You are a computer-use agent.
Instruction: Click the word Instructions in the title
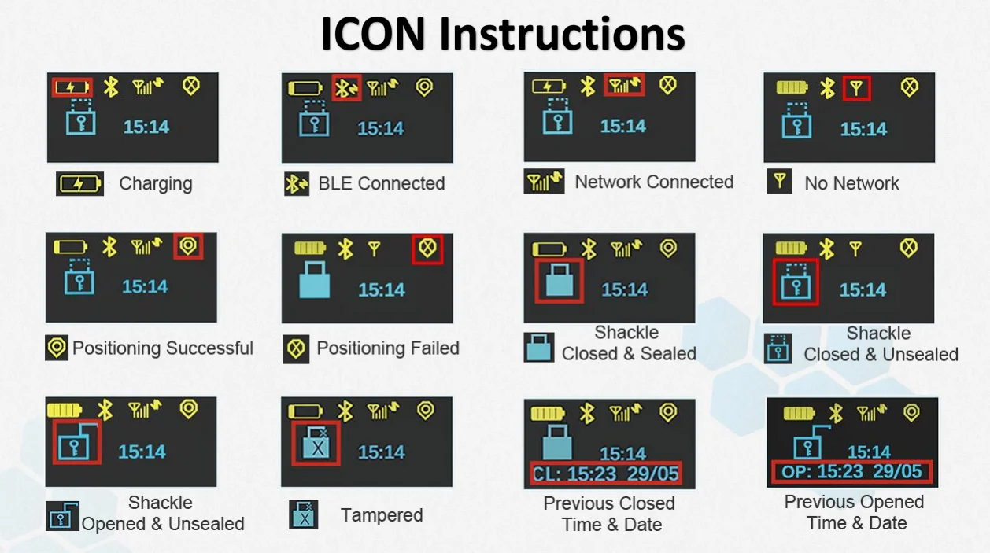561,34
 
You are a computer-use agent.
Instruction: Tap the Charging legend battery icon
79,184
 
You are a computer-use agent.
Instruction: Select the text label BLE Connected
382,183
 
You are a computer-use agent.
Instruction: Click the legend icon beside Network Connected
545,182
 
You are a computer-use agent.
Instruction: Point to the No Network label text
851,183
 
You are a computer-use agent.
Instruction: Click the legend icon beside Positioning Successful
56,348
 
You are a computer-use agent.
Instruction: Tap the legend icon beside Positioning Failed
296,348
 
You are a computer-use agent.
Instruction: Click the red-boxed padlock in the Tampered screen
316,443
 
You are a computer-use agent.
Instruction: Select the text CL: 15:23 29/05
605,474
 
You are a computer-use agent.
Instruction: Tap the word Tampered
382,515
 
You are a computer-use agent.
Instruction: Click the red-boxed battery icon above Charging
72,87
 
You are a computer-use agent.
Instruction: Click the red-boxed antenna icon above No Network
856,88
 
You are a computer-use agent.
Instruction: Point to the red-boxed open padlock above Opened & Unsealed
77,442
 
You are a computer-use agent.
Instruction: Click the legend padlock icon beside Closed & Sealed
539,348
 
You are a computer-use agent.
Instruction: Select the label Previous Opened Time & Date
854,512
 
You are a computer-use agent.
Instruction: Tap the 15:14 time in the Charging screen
146,127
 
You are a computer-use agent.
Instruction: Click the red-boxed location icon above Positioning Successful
189,246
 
